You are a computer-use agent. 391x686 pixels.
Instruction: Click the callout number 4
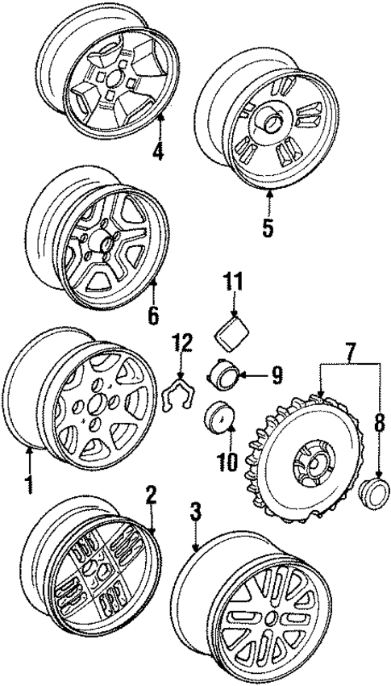(159, 150)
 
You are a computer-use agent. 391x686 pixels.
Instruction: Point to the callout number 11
(233, 282)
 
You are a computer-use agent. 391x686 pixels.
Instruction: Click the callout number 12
(182, 343)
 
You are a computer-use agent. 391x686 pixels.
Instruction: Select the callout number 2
(149, 493)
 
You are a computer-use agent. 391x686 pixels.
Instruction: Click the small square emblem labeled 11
(233, 331)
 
